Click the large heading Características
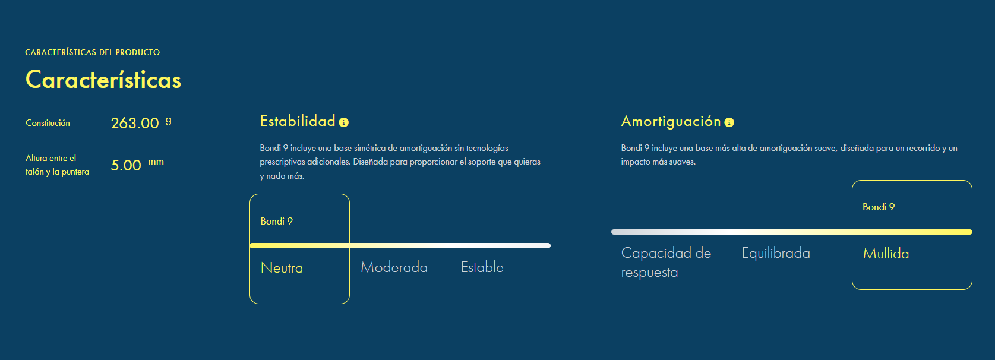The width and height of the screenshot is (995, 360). (103, 80)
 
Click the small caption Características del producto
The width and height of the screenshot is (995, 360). (93, 52)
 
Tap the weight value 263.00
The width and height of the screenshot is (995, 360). (135, 123)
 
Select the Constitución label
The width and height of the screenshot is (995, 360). (48, 123)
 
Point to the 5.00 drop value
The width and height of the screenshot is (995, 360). (126, 165)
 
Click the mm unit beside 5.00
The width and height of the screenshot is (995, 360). (156, 162)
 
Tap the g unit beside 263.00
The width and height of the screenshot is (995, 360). (168, 121)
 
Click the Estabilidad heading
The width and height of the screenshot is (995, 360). (298, 121)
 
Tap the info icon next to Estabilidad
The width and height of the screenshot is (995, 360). (344, 122)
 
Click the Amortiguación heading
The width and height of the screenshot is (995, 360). (671, 121)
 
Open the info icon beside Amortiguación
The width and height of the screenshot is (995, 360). (729, 122)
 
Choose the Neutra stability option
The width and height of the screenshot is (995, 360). (282, 268)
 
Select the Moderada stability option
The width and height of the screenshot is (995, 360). (394, 267)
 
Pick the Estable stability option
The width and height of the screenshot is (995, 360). (482, 267)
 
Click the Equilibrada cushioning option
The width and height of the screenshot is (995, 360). (776, 253)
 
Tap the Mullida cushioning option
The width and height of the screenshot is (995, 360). (886, 254)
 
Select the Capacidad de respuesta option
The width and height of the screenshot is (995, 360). (666, 262)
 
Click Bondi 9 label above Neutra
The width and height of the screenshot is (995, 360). (276, 222)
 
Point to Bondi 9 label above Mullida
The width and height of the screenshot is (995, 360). (879, 207)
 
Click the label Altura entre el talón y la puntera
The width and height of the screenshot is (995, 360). (57, 165)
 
